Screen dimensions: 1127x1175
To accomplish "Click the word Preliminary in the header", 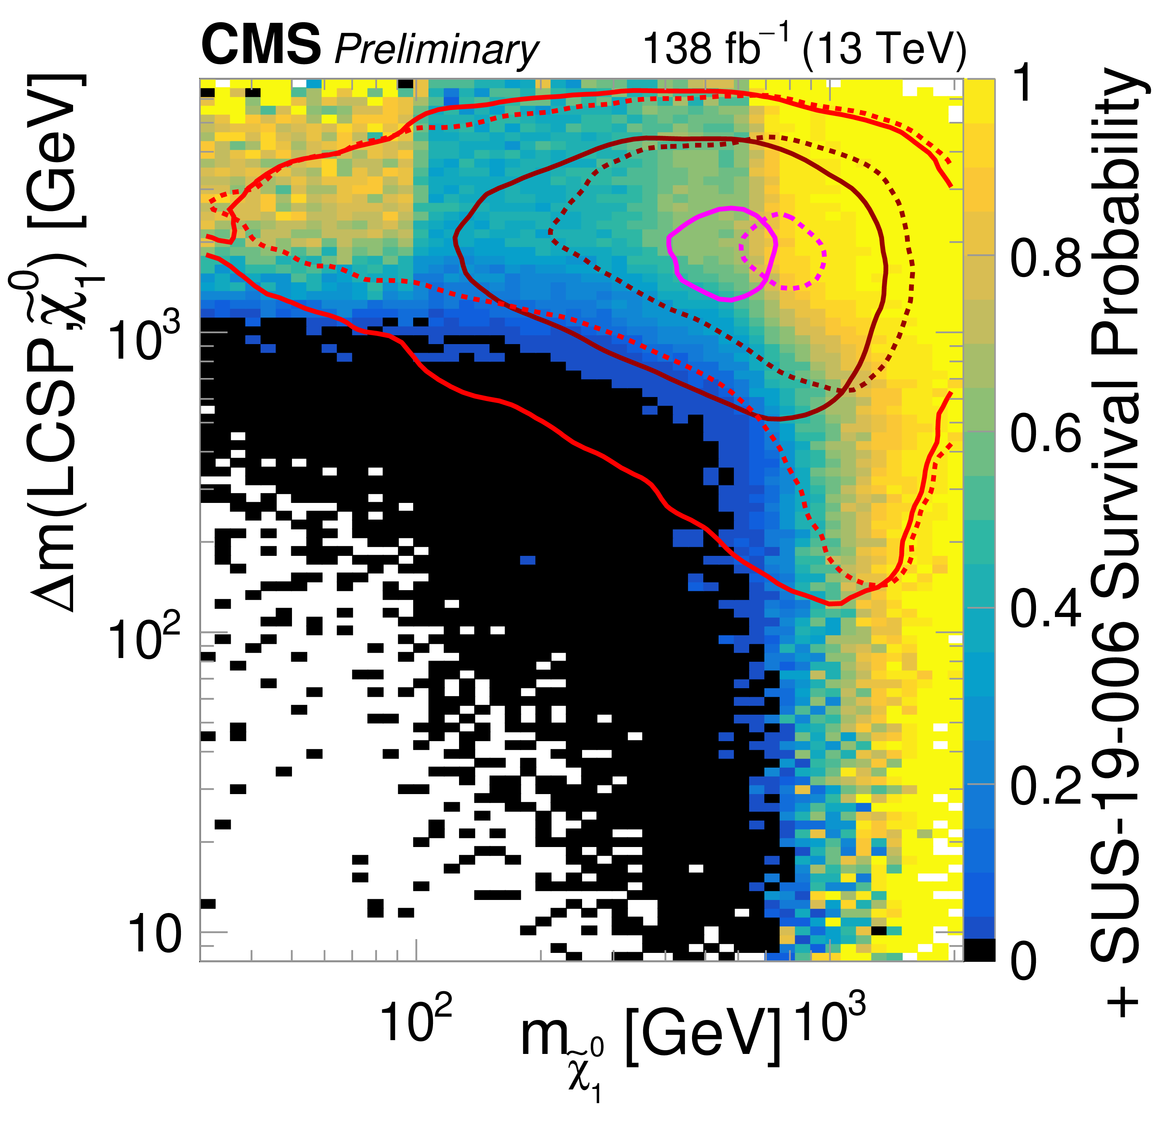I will click(436, 49).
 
